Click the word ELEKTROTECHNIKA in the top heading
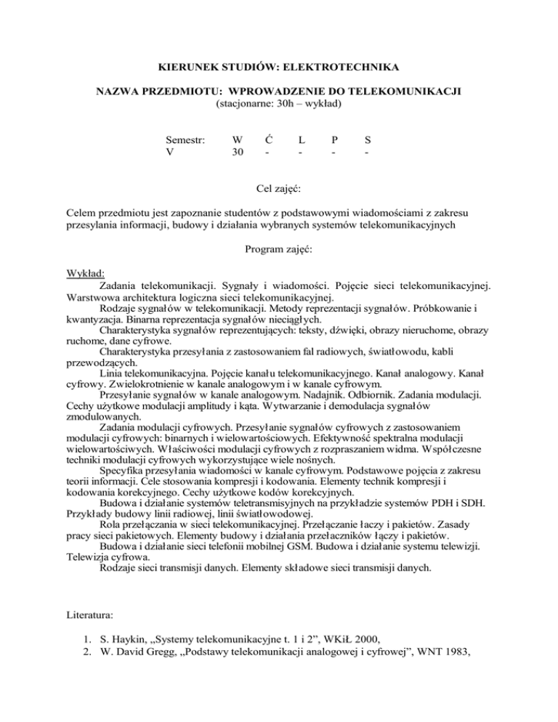343,68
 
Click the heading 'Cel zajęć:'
279,189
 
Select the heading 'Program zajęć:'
279,249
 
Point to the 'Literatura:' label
92,636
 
